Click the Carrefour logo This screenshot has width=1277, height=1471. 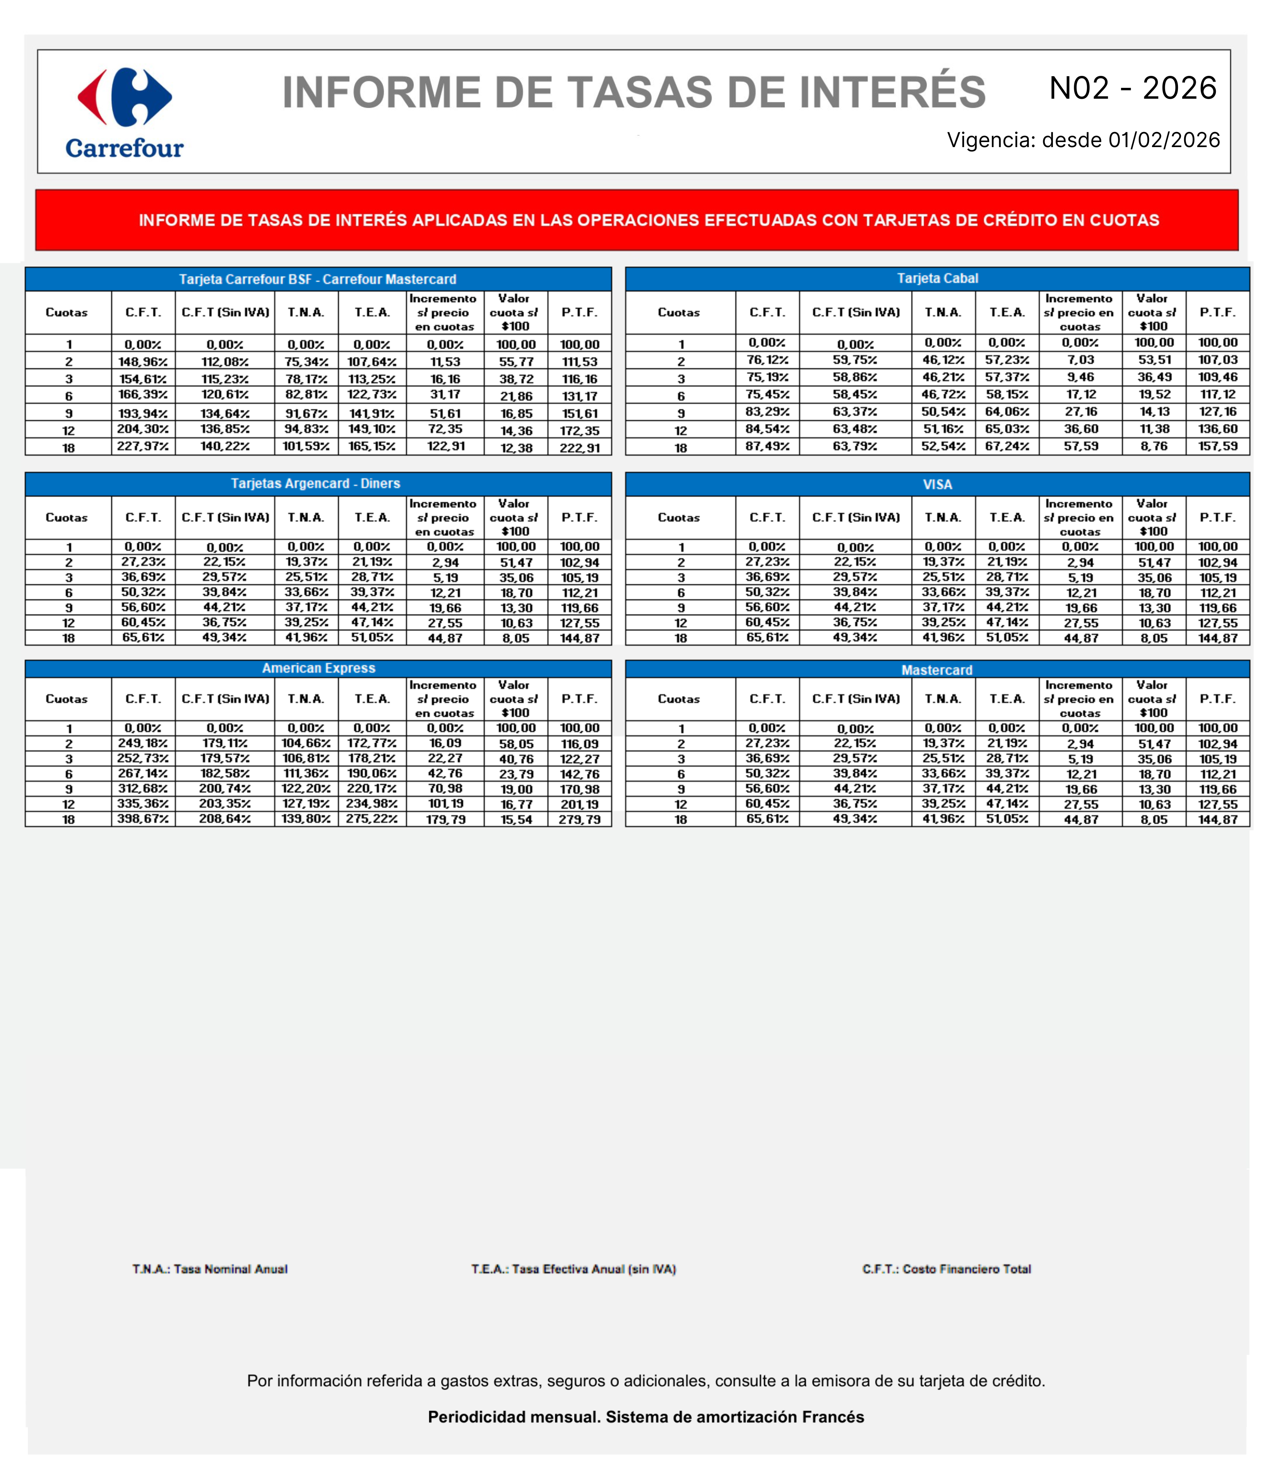(125, 112)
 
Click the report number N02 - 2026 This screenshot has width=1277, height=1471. (1133, 88)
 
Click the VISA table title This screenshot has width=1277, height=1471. (937, 485)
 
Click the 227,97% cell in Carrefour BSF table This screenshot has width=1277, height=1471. (143, 447)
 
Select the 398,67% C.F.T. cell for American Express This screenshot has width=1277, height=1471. (143, 819)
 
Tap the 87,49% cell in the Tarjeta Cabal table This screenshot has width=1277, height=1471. (767, 446)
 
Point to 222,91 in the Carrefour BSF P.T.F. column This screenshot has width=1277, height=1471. (579, 447)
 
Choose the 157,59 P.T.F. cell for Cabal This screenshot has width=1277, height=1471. (1218, 446)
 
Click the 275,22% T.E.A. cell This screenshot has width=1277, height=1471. (372, 819)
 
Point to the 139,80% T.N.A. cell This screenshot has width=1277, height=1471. (306, 819)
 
